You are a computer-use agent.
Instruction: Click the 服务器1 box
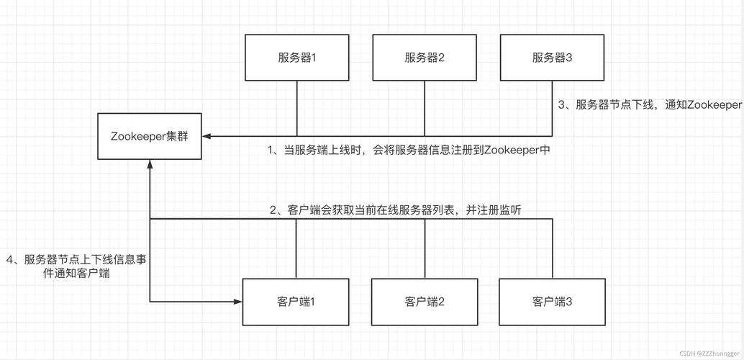(297, 58)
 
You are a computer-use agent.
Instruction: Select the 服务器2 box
(425, 58)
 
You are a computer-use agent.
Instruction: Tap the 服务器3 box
(552, 58)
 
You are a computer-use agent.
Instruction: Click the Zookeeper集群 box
(150, 136)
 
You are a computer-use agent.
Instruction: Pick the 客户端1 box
(296, 301)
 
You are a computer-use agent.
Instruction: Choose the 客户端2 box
(425, 301)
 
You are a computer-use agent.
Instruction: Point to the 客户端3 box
(552, 301)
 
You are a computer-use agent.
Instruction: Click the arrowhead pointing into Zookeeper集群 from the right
(207, 136)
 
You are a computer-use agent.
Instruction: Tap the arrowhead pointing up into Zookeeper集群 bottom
(150, 164)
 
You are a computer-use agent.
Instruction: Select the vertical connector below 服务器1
(297, 108)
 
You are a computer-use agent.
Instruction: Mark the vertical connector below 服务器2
(425, 108)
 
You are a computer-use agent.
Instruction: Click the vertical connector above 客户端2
(425, 248)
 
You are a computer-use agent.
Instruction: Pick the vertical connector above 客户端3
(552, 248)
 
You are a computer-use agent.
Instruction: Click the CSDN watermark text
(708, 354)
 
